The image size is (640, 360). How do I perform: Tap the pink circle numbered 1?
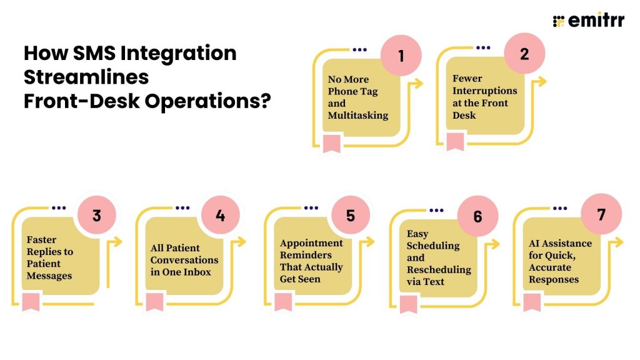point(401,55)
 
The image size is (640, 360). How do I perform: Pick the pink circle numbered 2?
point(524,54)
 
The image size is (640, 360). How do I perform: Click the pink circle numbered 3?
point(96,216)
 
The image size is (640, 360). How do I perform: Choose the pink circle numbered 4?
point(220,216)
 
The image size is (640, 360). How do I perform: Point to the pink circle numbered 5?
point(350,216)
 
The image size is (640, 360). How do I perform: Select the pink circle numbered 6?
point(477,217)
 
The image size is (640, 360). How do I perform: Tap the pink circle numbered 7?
point(601,214)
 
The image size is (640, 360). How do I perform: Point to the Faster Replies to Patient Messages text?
point(50,257)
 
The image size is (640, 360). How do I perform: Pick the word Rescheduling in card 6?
point(439,270)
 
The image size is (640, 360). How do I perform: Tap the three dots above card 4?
point(184,207)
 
